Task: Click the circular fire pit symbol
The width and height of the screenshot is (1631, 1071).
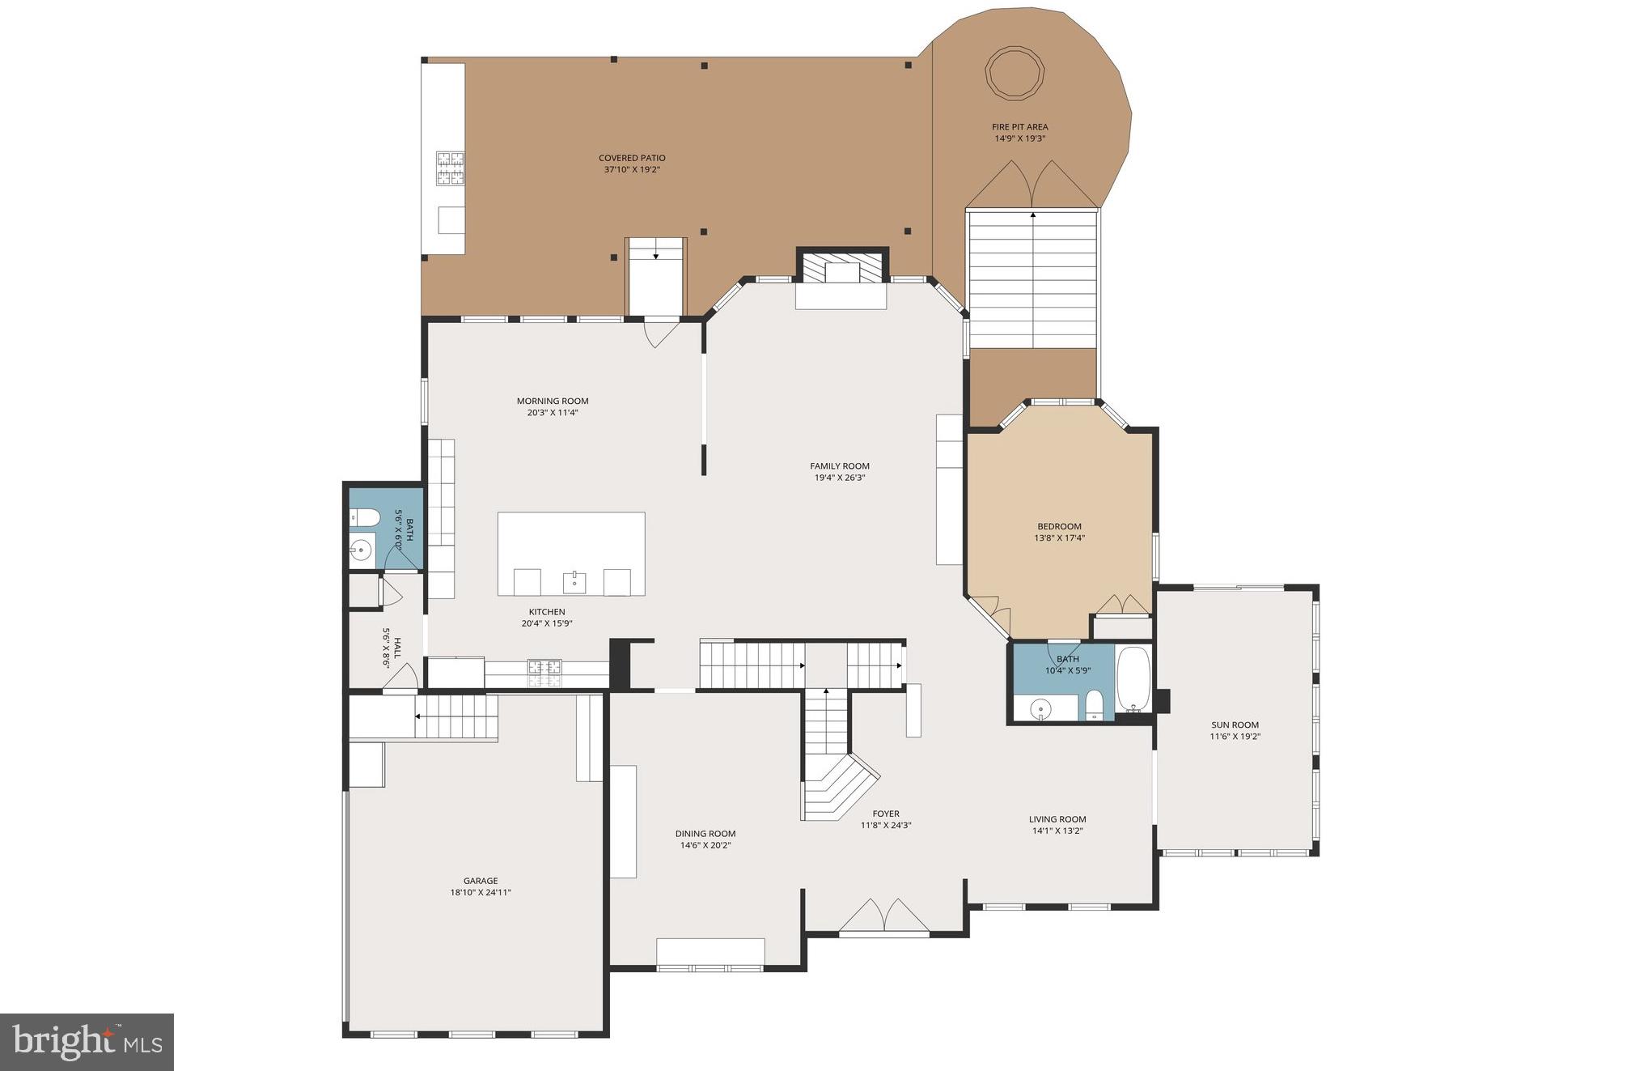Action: point(1014,73)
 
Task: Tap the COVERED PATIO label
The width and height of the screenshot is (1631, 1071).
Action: point(632,158)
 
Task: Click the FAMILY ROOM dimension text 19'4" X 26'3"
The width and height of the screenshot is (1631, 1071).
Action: point(840,478)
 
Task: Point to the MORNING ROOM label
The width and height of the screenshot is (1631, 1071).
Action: point(553,401)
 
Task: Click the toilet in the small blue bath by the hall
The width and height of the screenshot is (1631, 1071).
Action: point(364,518)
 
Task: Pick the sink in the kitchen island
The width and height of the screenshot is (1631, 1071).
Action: point(574,580)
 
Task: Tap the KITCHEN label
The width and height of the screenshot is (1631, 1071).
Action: point(547,612)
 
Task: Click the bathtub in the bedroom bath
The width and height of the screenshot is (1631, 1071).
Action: point(1133,679)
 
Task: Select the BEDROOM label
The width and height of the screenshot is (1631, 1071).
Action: point(1059,526)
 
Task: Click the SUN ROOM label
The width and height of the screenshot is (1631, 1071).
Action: point(1235,725)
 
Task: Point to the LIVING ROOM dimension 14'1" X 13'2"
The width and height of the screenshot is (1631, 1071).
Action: point(1057,831)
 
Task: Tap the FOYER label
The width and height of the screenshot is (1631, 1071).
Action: point(886,814)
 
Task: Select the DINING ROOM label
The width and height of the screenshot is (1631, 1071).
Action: point(705,833)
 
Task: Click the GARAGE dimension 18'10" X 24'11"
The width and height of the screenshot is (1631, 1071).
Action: point(481,892)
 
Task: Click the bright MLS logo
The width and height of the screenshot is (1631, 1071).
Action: point(87,1041)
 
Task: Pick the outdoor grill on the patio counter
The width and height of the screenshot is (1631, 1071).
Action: point(450,168)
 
